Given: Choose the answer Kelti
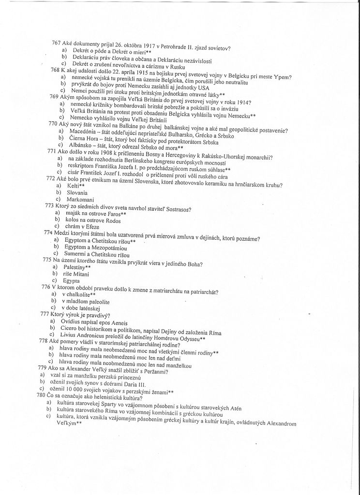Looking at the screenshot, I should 75,186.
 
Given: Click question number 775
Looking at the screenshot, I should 47,260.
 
